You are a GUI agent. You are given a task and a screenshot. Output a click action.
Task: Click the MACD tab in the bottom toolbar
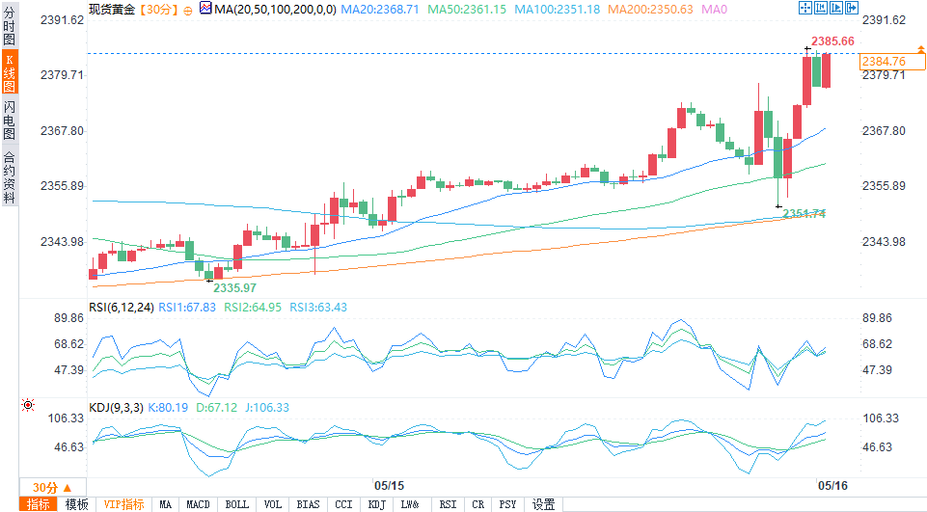pos(198,504)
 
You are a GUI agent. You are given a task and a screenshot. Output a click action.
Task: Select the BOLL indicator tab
pos(236,504)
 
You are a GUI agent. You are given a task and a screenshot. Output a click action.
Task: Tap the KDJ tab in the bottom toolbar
pos(376,504)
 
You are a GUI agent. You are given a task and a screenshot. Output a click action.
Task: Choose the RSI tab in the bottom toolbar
pos(448,504)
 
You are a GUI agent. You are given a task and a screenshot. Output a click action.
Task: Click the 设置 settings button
pos(543,504)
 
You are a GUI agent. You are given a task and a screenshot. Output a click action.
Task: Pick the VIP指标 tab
pos(124,504)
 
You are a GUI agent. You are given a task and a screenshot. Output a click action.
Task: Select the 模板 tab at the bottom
pos(76,504)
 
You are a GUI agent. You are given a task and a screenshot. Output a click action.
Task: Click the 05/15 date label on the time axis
pos(389,485)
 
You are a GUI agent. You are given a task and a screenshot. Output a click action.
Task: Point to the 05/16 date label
pos(832,485)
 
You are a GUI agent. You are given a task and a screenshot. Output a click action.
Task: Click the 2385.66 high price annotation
pos(832,41)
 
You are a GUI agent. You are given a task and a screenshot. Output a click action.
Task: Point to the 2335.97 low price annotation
pos(234,287)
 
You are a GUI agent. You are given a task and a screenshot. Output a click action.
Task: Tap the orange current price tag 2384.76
pos(884,62)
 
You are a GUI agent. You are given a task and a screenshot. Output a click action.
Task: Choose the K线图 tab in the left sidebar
pos(10,72)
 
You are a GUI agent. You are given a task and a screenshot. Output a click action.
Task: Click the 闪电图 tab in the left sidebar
pos(10,121)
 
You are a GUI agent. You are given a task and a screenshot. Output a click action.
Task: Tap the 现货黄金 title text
pos(110,9)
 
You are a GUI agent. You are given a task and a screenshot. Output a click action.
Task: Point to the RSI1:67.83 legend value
pos(188,307)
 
